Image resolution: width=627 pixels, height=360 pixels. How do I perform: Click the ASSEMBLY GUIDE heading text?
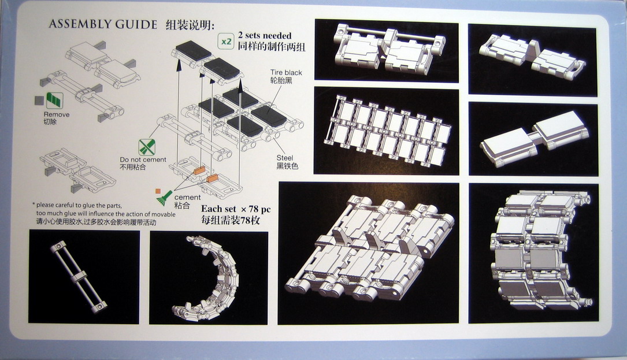[103, 24]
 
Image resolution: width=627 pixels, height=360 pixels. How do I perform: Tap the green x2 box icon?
[227, 41]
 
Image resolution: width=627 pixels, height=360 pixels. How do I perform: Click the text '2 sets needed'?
[265, 36]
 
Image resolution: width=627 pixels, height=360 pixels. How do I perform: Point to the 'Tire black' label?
[286, 72]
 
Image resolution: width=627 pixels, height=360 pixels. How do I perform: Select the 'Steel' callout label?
[285, 158]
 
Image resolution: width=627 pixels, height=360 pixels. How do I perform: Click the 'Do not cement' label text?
[143, 159]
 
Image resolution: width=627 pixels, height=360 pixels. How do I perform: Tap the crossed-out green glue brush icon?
[147, 147]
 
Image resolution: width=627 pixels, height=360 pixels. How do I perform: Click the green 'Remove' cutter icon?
[54, 101]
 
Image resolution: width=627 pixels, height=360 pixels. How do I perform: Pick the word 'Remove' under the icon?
[57, 114]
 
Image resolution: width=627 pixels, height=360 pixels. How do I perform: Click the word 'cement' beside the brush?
[188, 197]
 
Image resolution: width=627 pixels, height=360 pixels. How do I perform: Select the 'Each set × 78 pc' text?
[236, 209]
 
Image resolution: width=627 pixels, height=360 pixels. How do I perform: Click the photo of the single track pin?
[84, 277]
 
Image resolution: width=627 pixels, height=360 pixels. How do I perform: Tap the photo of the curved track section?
[209, 277]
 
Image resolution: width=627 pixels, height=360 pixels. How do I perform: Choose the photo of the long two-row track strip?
[386, 131]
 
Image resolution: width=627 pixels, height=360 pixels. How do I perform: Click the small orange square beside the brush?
[158, 191]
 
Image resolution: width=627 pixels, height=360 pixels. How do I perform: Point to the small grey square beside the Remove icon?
[39, 101]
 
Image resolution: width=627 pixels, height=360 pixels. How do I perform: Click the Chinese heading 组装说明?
[190, 25]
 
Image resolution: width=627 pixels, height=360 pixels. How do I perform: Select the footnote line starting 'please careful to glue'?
[74, 205]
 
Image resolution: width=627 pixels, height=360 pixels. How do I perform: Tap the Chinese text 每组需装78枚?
[230, 220]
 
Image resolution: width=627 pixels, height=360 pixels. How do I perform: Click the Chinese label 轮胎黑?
[281, 80]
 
